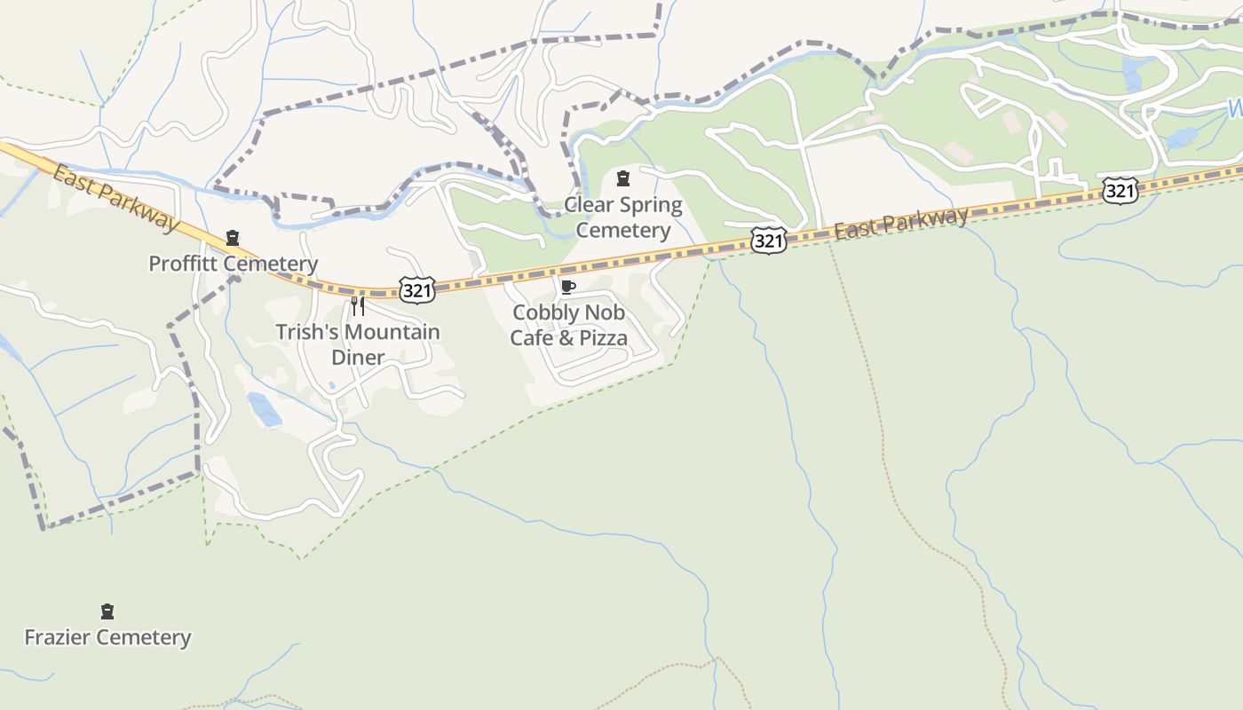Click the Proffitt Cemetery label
pyautogui.click(x=233, y=264)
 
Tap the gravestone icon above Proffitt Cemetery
pyautogui.click(x=233, y=238)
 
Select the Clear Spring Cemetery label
pyautogui.click(x=623, y=217)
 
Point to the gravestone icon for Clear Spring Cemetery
pyautogui.click(x=623, y=178)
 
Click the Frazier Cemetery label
pyautogui.click(x=107, y=637)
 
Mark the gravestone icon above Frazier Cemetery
pyautogui.click(x=107, y=611)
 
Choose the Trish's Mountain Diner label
pyautogui.click(x=358, y=344)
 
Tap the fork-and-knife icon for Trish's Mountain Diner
pyautogui.click(x=358, y=306)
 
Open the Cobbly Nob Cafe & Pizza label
pyautogui.click(x=568, y=325)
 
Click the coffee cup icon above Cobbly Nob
pyautogui.click(x=568, y=287)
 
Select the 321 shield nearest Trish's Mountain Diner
pyautogui.click(x=416, y=289)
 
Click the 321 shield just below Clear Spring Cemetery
pyautogui.click(x=768, y=241)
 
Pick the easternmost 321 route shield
pyautogui.click(x=1120, y=190)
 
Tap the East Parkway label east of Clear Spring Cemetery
pyautogui.click(x=900, y=224)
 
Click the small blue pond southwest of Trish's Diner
pyautogui.click(x=265, y=409)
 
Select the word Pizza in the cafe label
pyautogui.click(x=604, y=338)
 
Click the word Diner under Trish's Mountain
pyautogui.click(x=358, y=358)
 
